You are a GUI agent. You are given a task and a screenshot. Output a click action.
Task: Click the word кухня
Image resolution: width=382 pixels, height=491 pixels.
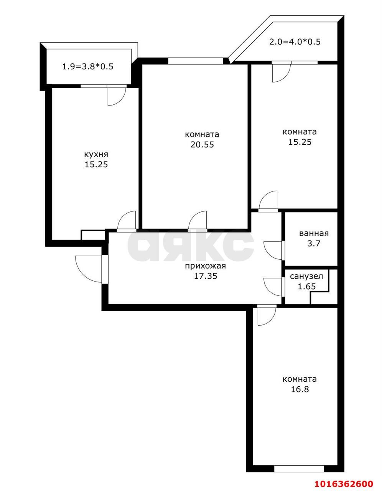point(96,155)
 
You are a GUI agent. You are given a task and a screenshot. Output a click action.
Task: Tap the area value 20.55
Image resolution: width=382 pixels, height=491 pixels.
point(202,145)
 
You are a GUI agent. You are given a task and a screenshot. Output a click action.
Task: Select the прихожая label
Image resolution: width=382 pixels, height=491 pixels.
point(205,266)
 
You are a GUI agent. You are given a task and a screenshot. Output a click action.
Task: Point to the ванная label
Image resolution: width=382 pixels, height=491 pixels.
point(314,233)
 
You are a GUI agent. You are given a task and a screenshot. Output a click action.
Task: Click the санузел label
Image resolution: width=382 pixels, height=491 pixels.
point(306,276)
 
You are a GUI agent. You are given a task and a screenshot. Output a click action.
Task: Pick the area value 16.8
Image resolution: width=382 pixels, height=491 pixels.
point(300,389)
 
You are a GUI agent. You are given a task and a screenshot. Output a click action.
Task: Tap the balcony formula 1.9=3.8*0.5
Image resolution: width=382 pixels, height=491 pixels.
point(88,66)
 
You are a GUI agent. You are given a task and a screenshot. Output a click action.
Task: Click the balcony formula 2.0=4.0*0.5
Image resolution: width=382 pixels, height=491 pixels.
point(295,42)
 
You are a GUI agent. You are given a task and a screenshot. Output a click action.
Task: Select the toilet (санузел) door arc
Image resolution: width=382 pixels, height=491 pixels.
point(273,286)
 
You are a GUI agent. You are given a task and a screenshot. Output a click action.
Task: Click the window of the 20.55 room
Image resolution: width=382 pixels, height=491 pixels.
point(196,61)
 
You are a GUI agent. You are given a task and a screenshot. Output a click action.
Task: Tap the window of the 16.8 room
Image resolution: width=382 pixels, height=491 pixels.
point(299,468)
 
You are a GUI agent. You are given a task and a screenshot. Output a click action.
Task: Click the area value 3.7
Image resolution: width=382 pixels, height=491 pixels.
point(314,243)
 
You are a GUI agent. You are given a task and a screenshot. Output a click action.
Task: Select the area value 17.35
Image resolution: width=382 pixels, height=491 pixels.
point(205,276)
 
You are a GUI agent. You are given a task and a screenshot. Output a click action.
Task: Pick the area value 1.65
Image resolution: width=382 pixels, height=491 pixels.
point(306,286)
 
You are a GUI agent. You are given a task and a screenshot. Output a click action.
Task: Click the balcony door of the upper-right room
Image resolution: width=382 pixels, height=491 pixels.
point(281,72)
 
